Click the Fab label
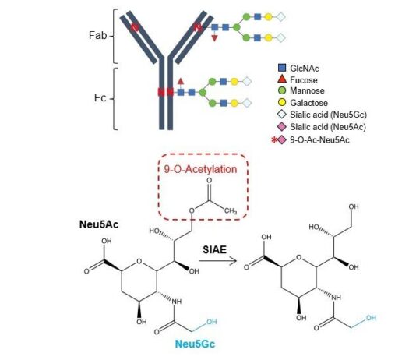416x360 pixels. (97, 35)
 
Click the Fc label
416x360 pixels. (100, 98)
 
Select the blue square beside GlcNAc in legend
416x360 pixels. (282, 68)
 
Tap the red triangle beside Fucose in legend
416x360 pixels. (282, 79)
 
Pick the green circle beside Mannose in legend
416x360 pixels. (282, 90)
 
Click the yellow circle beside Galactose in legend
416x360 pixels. (282, 102)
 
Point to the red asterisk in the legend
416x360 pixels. (274, 139)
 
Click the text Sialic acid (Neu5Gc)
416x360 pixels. (328, 115)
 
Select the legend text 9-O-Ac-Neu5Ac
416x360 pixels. (319, 139)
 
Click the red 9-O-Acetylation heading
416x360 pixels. (200, 169)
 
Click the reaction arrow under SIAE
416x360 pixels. (218, 261)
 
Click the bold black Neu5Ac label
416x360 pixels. (99, 224)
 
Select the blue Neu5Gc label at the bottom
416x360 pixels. (195, 344)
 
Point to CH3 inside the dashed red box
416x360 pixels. (231, 211)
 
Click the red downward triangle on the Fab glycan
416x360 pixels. (214, 38)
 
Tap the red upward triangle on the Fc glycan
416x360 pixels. (181, 81)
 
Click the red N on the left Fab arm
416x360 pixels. (135, 27)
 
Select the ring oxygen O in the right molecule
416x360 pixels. (299, 257)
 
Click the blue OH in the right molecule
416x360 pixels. (371, 318)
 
